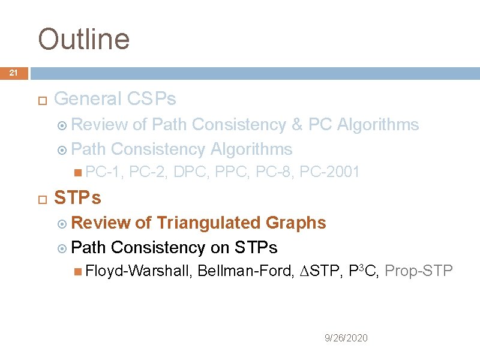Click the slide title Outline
point(83,39)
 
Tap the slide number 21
point(14,73)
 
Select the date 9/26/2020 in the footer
point(346,338)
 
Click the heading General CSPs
point(115,98)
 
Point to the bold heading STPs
point(77,197)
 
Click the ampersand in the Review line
point(296,125)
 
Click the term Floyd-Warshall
point(139,271)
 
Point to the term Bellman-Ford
point(245,271)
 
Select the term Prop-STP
point(418,271)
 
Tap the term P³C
point(362,271)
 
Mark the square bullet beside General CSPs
point(41,99)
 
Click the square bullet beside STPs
point(41,198)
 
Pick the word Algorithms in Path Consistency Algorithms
point(251,149)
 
